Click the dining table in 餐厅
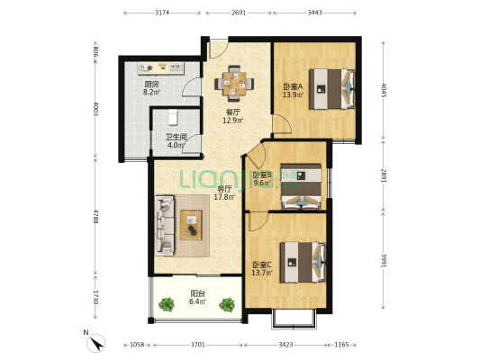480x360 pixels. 234,83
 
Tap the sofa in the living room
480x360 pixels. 165,225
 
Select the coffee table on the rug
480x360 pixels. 191,225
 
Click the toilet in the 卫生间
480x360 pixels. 173,117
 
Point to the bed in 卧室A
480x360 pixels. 332,89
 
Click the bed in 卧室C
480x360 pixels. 303,262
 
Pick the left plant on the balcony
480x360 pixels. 167,304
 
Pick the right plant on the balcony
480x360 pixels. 227,304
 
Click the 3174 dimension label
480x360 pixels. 162,13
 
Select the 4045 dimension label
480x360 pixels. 384,90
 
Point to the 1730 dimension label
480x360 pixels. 95,297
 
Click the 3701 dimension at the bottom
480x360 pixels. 198,345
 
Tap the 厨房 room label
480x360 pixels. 151,84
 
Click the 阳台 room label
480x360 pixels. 198,293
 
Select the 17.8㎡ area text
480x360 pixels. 224,197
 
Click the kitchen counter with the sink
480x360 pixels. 160,68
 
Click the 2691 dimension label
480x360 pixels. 239,13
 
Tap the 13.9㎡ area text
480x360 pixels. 293,94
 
